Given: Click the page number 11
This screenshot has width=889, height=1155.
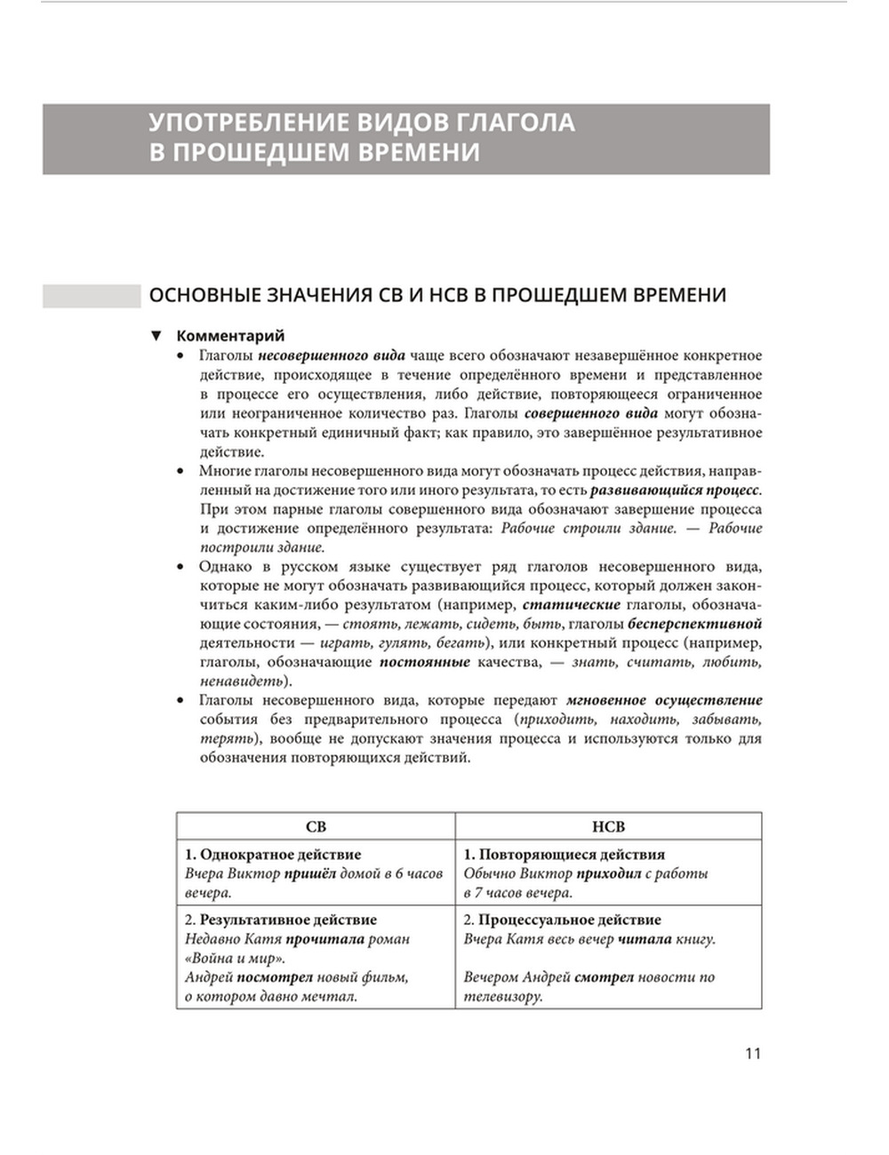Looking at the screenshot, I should point(752,1054).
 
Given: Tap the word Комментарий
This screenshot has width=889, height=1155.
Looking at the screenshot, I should point(230,336).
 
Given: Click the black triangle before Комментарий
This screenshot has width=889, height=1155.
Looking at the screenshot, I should point(156,336).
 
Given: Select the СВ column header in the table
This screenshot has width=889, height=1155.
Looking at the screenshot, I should point(316,826).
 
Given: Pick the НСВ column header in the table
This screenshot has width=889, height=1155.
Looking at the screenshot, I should point(608,826).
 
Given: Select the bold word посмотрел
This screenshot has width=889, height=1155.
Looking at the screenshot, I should point(298,977).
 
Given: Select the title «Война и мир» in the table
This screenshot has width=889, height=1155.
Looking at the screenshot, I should point(235,958).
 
